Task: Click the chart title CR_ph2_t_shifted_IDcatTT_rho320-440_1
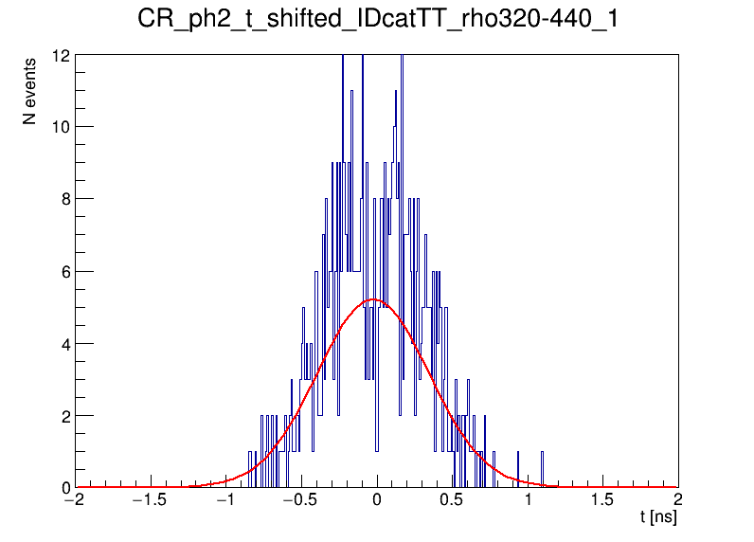click(377, 20)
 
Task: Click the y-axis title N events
click(30, 91)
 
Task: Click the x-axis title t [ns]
click(658, 517)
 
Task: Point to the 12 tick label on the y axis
click(61, 55)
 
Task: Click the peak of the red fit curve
click(373, 299)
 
